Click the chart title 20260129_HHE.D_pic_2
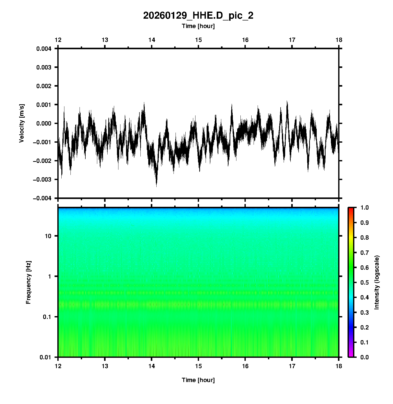[x=198, y=16]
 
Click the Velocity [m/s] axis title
[x=22, y=123]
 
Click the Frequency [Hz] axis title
[x=28, y=282]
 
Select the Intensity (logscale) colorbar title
[x=377, y=282]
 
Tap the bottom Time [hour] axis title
[x=198, y=380]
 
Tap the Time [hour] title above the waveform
[x=198, y=26]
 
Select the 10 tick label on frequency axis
[x=48, y=236]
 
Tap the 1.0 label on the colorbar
[x=364, y=208]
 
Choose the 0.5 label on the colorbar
[x=364, y=282]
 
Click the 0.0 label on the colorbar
[x=364, y=357]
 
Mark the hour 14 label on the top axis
[x=152, y=40]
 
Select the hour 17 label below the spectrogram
[x=292, y=366]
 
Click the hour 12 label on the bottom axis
[x=58, y=366]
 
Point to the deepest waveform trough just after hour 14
[x=156, y=186]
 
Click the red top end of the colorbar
[x=351, y=209]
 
